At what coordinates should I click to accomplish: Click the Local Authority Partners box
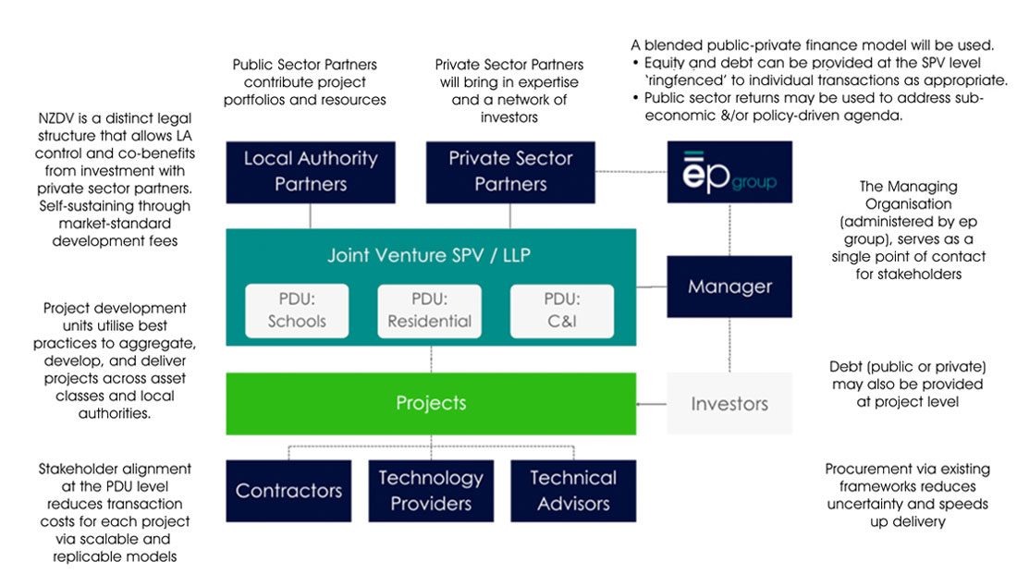(311, 171)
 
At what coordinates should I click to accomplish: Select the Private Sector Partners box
(510, 171)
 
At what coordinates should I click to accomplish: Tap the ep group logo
(729, 171)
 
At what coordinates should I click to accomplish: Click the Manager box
(729, 287)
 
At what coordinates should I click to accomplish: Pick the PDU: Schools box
(297, 310)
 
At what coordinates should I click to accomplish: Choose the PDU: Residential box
(429, 310)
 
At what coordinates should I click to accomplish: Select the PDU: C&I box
(561, 310)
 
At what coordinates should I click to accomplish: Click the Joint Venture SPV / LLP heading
(429, 254)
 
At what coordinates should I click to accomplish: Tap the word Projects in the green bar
(431, 403)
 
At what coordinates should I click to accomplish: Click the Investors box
(729, 403)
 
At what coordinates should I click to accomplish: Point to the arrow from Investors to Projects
(652, 403)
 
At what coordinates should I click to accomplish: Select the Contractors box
(288, 491)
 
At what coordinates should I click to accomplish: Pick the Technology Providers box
(431, 491)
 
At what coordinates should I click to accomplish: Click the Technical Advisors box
(573, 491)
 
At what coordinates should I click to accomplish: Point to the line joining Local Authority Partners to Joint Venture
(311, 215)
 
